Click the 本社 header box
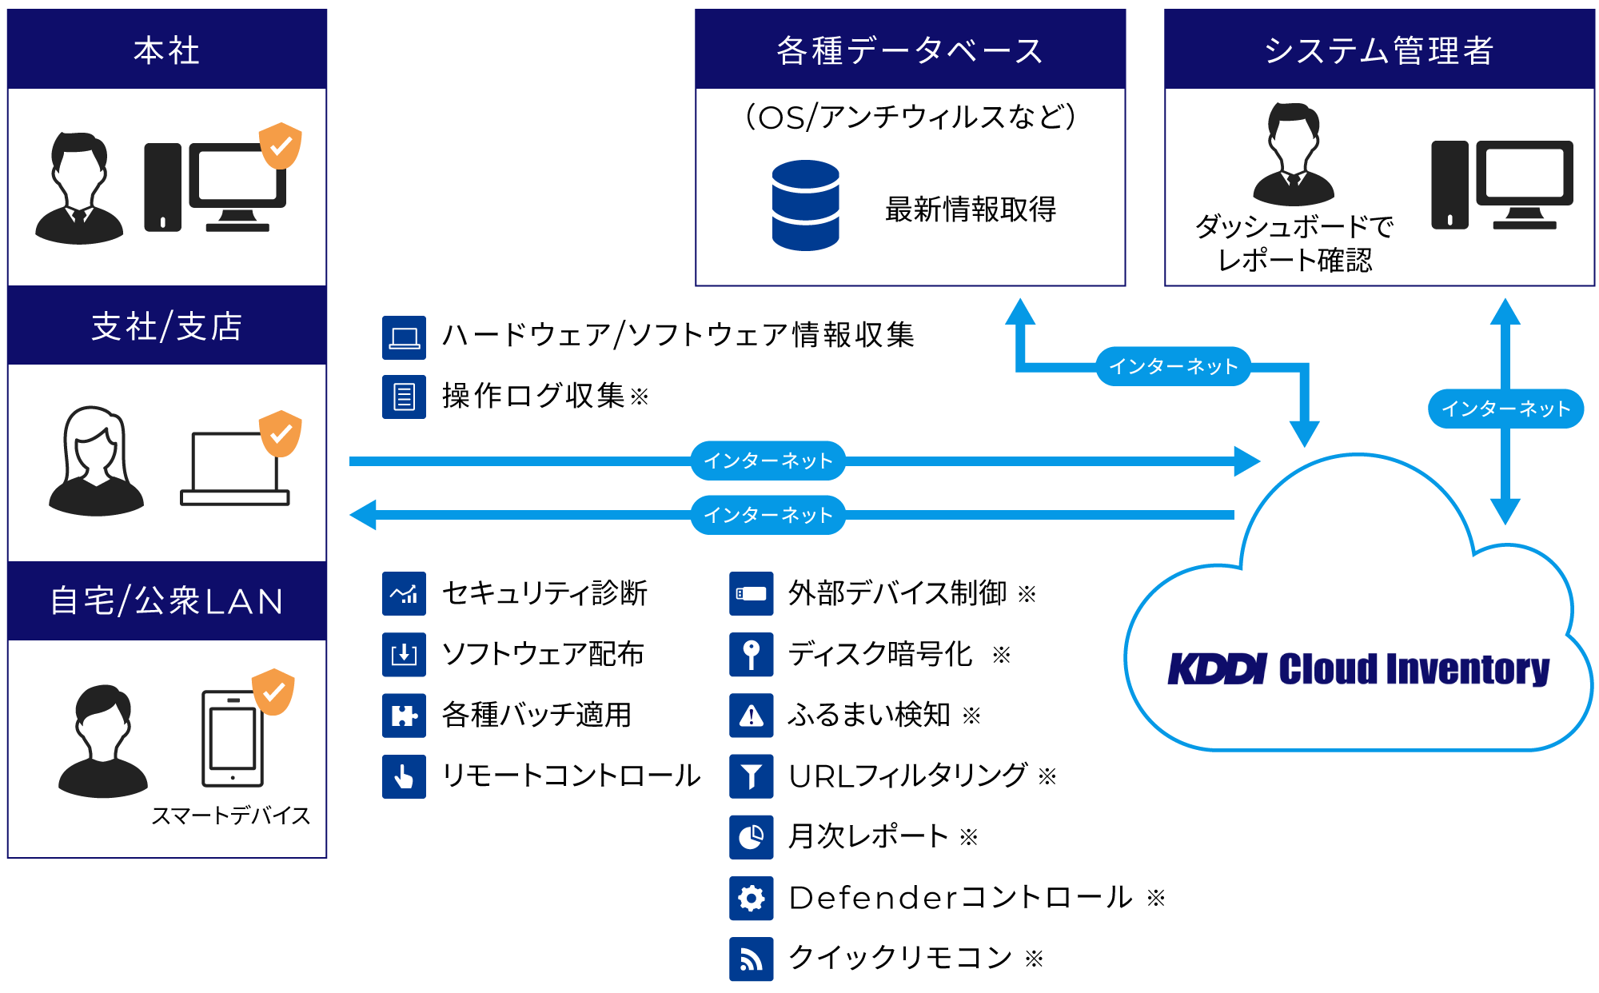[166, 50]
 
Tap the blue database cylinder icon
[805, 205]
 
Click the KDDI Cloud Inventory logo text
[1358, 668]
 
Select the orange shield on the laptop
[281, 433]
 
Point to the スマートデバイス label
[230, 816]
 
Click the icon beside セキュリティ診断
[404, 593]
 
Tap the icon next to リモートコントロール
[404, 776]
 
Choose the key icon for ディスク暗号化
[751, 655]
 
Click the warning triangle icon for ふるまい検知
[751, 716]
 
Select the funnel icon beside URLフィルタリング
[751, 776]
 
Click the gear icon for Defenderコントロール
[751, 898]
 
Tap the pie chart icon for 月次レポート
[751, 837]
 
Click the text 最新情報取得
[970, 209]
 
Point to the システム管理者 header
[1378, 50]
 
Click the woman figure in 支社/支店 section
[96, 461]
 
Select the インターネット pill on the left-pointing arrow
[768, 515]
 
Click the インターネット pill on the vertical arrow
[1505, 409]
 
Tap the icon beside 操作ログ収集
[404, 397]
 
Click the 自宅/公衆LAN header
[166, 601]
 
